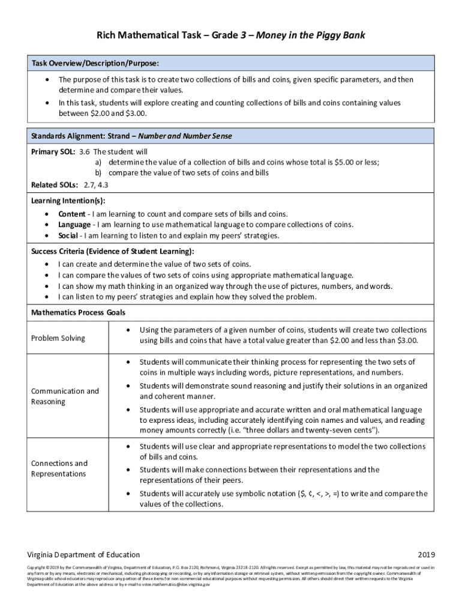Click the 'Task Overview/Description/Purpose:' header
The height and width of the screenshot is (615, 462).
tap(95, 63)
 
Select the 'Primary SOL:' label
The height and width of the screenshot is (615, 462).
tap(53, 151)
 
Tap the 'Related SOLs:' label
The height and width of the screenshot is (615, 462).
tap(52, 184)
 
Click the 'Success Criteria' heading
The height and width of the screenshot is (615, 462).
tap(112, 251)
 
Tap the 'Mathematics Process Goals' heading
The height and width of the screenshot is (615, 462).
tap(78, 312)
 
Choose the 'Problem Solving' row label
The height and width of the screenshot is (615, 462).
tap(58, 338)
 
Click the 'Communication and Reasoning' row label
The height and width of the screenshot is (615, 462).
tap(65, 396)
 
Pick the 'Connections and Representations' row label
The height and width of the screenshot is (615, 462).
tap(59, 468)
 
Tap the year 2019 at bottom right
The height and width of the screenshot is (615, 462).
tap(425, 554)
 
